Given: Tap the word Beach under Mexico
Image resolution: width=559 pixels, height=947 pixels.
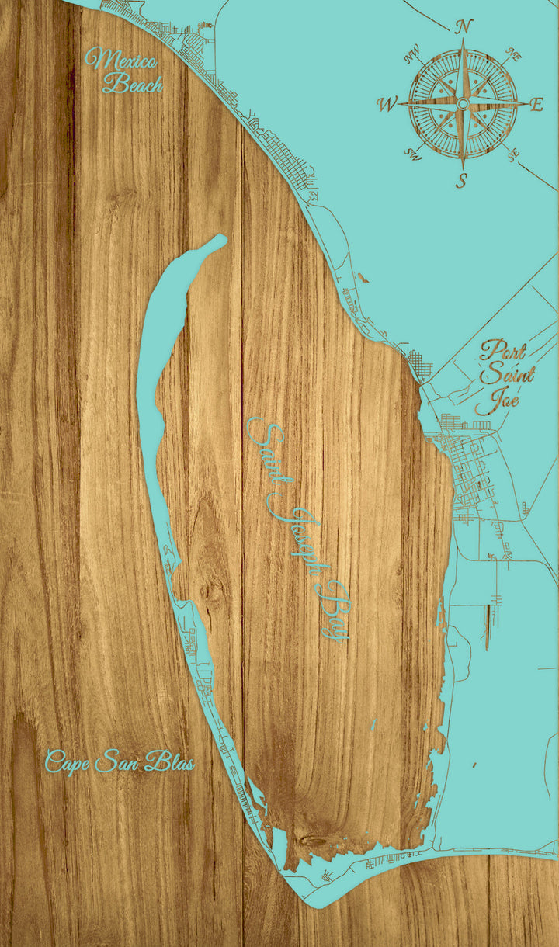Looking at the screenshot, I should click(x=133, y=82).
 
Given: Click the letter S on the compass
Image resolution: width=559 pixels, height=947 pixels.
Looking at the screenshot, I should click(x=462, y=181).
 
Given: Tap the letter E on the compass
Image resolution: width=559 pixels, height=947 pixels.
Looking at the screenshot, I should click(x=536, y=106).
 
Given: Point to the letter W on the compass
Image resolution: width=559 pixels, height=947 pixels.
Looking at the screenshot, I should click(x=387, y=104).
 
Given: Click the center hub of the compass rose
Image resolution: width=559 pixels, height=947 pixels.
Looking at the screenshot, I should click(x=463, y=103).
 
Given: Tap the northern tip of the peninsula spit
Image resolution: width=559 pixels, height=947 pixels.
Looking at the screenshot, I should click(x=220, y=239).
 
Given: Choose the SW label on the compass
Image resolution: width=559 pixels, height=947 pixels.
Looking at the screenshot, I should click(x=411, y=154).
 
